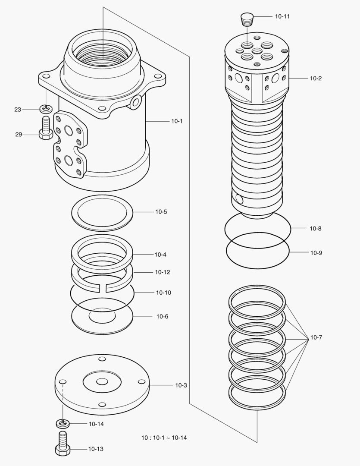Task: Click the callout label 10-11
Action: [282, 16]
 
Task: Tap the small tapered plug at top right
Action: [247, 19]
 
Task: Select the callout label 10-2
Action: [316, 79]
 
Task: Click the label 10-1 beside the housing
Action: [177, 121]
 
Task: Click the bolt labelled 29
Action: [45, 128]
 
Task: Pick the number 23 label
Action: [18, 110]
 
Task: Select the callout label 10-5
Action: [161, 212]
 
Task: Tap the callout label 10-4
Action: [160, 255]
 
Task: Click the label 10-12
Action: [163, 272]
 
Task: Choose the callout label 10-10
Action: [163, 293]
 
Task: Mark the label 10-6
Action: [162, 316]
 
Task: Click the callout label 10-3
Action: [181, 385]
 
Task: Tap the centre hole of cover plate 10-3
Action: [102, 382]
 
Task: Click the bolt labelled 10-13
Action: [63, 444]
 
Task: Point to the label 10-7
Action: [316, 337]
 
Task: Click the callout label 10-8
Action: [315, 228]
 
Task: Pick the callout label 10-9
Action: [316, 253]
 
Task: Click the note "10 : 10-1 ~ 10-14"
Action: [164, 438]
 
